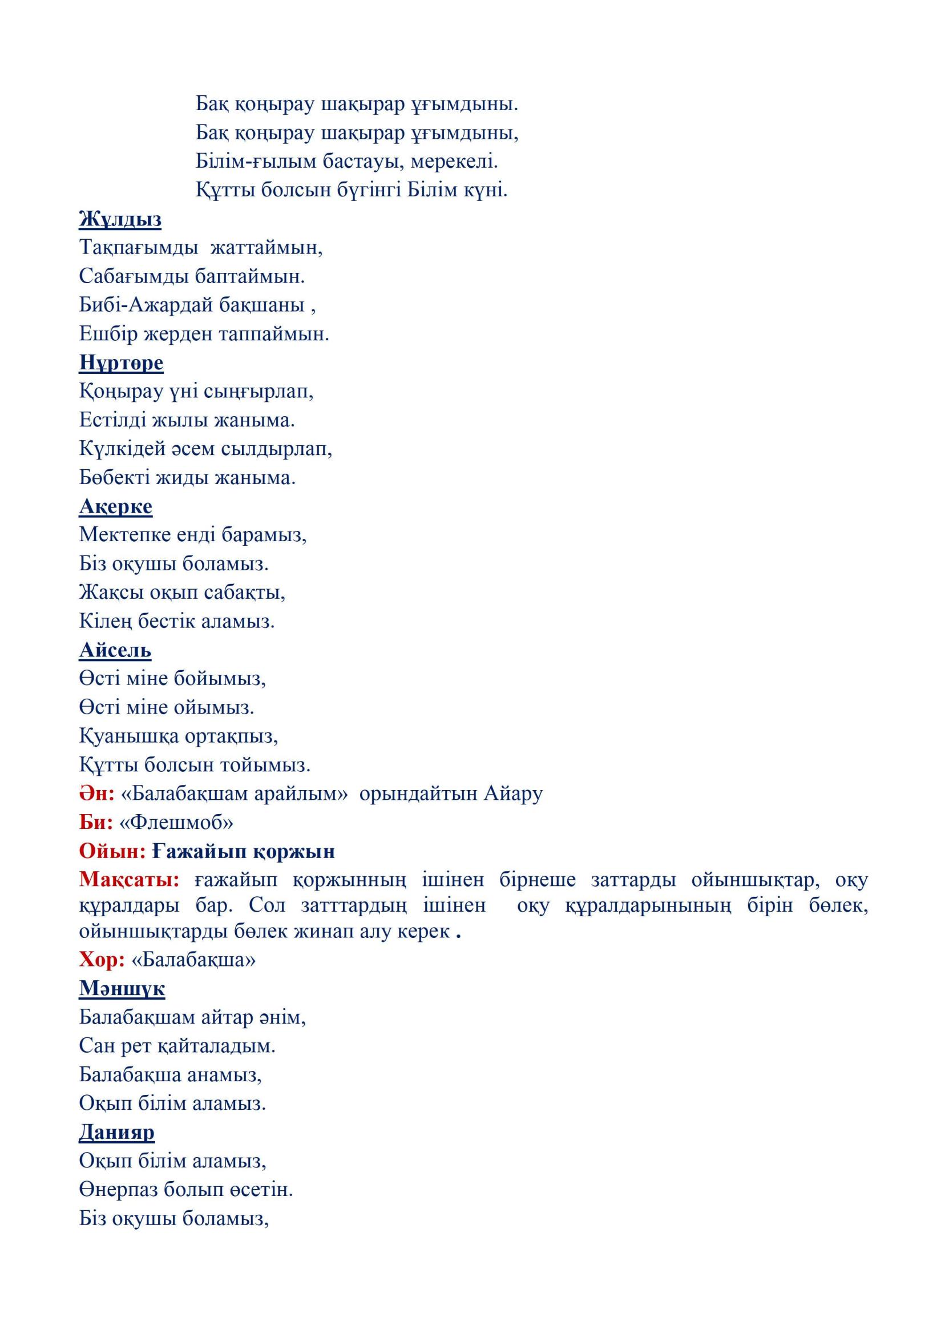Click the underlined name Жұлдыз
120,220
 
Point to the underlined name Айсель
115,650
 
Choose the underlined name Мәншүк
122,988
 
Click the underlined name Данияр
116,1132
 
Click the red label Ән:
96,794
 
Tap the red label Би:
95,822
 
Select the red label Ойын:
112,851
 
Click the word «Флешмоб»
176,822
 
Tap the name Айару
513,794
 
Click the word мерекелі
454,162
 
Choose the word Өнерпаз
118,1189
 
